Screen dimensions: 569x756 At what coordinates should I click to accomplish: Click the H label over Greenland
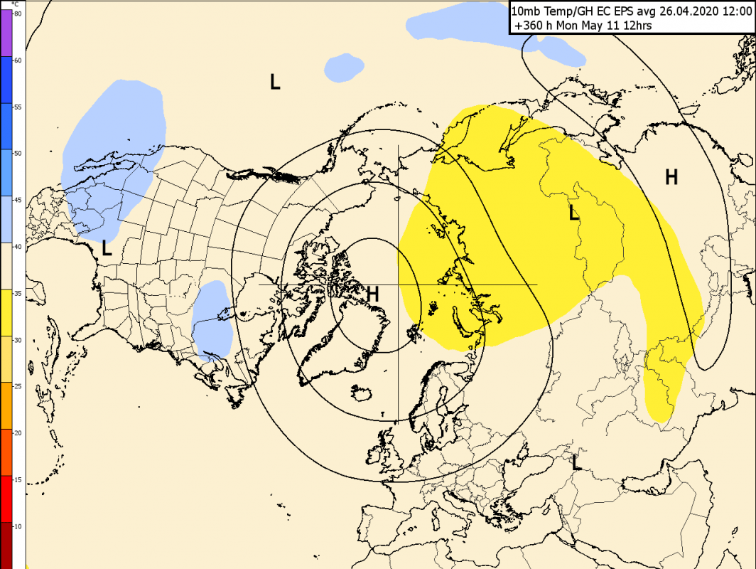click(x=373, y=293)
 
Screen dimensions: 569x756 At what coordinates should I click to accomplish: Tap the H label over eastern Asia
click(x=671, y=177)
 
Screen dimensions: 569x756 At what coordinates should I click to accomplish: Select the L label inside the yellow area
click(x=574, y=213)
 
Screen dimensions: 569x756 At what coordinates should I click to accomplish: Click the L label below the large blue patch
click(x=107, y=248)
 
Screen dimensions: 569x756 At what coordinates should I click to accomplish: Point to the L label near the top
click(x=275, y=82)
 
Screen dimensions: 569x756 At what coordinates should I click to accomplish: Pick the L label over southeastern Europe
click(x=576, y=463)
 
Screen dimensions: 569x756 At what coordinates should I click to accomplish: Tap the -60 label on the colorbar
click(x=18, y=60)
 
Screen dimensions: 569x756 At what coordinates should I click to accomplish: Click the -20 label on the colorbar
click(x=18, y=432)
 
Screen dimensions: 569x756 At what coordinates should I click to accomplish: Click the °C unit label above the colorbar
click(x=15, y=4)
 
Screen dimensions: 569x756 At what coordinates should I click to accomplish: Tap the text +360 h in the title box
click(x=531, y=26)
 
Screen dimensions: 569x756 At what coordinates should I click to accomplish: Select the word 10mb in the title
click(x=525, y=11)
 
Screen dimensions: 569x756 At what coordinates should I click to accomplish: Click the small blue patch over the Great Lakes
click(x=212, y=319)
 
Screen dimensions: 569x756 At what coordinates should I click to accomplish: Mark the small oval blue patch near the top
click(x=344, y=67)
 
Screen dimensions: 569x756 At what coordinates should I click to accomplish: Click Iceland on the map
click(x=362, y=392)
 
